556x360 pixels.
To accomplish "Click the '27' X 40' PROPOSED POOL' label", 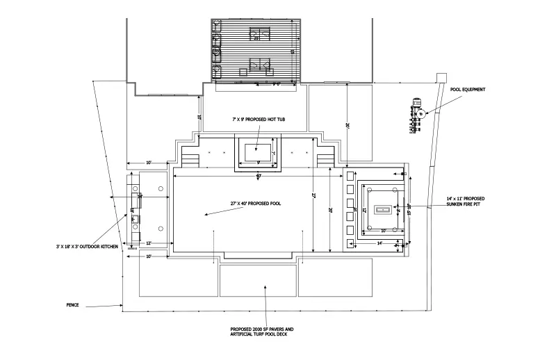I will (x=255, y=203).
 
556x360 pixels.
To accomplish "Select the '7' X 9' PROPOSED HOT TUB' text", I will (x=258, y=120).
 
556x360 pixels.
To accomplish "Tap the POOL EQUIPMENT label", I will (x=468, y=90).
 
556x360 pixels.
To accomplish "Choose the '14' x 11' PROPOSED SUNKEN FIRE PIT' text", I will (x=465, y=202).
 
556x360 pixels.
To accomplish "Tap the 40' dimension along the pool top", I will (x=259, y=176).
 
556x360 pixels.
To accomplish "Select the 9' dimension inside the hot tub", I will (x=259, y=163).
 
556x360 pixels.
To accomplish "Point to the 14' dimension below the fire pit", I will (x=380, y=244).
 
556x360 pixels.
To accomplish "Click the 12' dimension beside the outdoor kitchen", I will (x=149, y=243).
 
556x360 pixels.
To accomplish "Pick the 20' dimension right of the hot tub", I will (x=346, y=124).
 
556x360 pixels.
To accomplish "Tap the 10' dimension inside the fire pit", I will (x=383, y=229).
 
